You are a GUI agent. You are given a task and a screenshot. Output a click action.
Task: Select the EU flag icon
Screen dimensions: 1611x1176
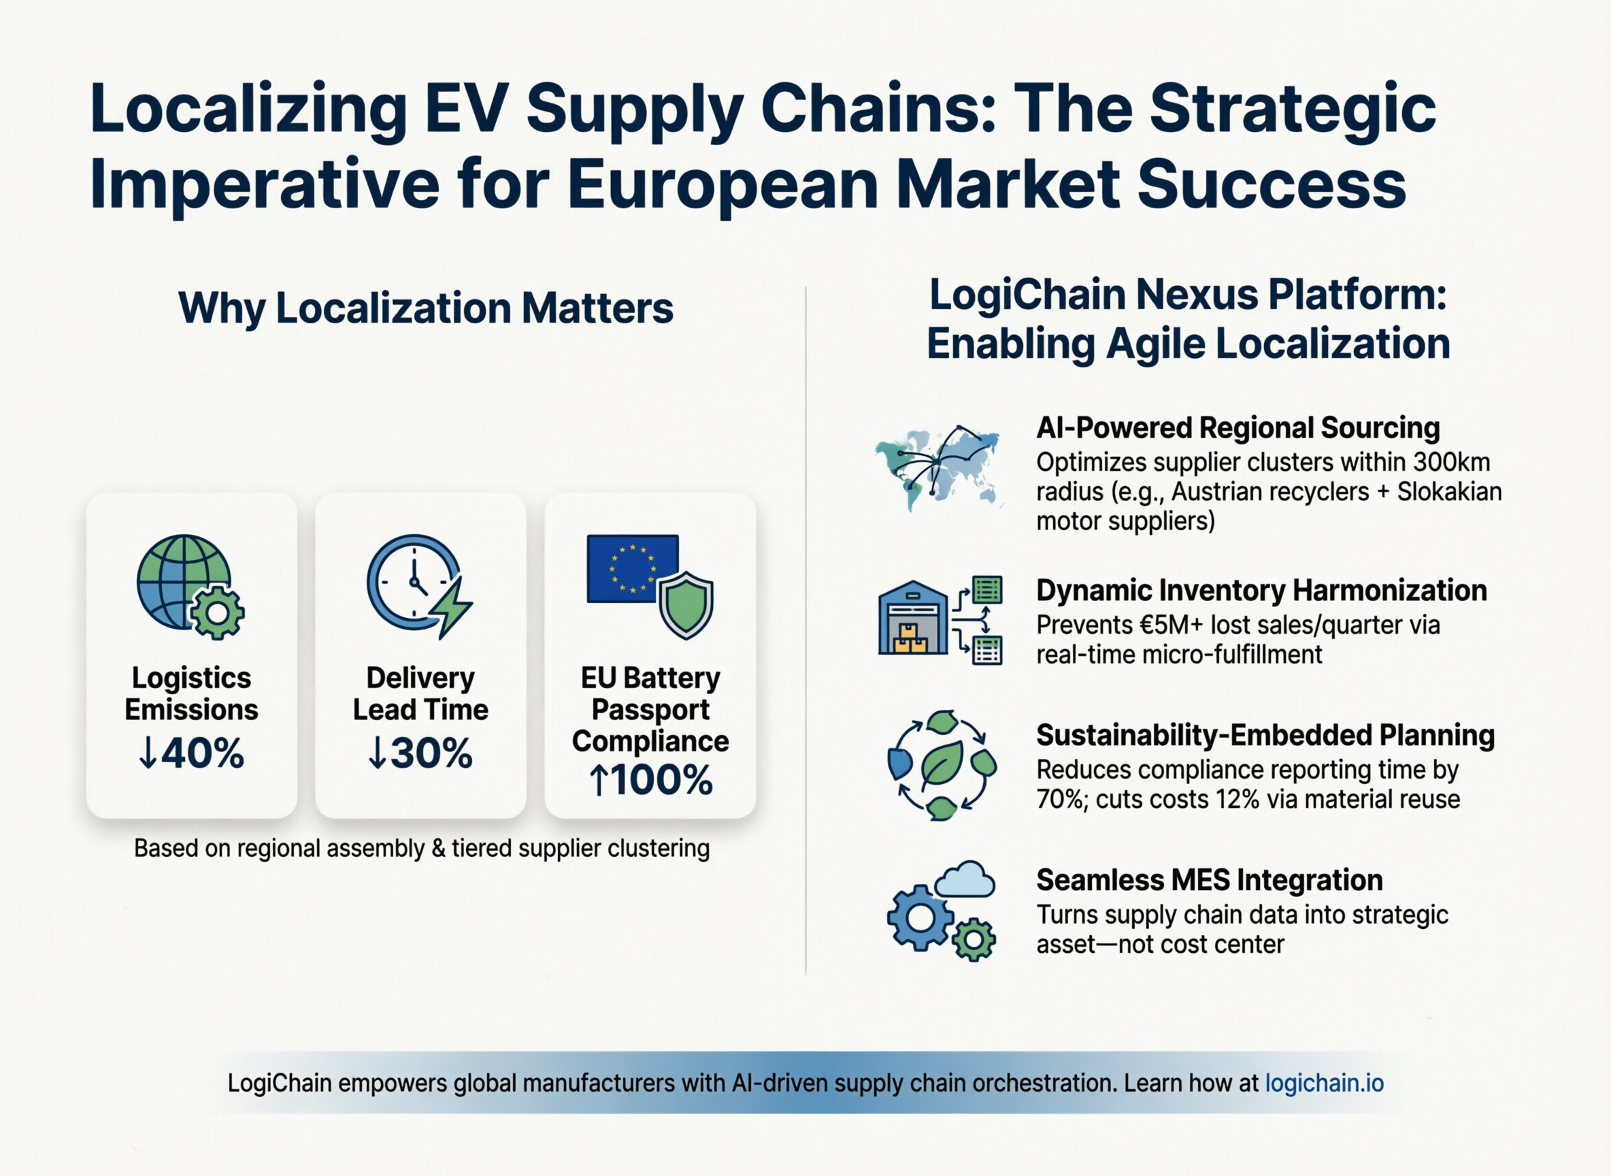click(x=632, y=568)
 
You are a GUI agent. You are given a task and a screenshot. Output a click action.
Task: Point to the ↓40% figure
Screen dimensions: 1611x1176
click(x=191, y=753)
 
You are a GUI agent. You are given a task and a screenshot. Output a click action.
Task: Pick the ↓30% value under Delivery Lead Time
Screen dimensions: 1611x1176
click(x=420, y=753)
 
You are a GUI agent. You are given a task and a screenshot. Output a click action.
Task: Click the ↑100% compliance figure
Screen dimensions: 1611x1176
click(x=650, y=780)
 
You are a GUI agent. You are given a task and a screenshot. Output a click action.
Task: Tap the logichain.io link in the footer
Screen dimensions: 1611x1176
click(x=1324, y=1083)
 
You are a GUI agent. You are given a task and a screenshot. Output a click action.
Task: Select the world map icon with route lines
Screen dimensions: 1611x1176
click(x=938, y=467)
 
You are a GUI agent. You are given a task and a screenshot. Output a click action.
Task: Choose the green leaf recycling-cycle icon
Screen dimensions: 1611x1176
click(x=942, y=765)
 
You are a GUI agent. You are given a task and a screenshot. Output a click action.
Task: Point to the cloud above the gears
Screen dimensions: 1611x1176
click(x=965, y=879)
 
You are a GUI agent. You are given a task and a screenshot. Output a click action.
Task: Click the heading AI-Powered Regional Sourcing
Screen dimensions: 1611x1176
click(x=1238, y=428)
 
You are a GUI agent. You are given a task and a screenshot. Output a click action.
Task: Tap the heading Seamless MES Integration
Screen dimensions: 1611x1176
click(x=1210, y=880)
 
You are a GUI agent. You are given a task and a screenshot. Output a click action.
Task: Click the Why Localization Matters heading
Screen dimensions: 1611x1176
click(x=425, y=308)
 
